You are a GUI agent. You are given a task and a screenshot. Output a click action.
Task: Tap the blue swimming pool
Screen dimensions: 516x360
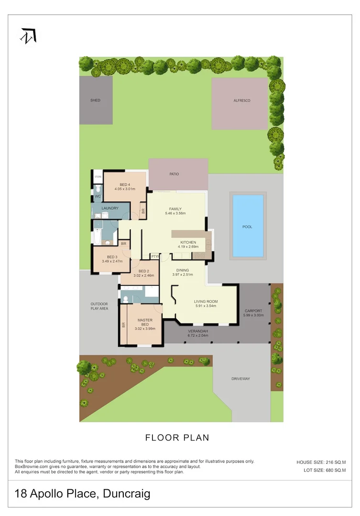(x=248, y=226)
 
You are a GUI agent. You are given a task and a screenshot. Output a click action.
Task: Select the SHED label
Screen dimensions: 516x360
(x=96, y=100)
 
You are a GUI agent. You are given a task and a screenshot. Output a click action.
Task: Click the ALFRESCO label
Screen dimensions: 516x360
(x=242, y=100)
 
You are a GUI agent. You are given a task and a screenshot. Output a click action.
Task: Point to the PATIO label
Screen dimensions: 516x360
(x=174, y=174)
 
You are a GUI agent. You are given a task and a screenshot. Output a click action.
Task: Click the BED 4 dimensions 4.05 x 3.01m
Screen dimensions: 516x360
(x=125, y=189)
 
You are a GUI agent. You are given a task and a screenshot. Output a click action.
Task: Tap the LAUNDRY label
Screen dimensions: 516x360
(x=110, y=208)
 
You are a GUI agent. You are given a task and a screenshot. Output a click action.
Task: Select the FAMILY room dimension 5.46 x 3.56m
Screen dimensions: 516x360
(x=175, y=214)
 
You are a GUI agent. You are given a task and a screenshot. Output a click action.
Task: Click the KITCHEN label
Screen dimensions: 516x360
(x=188, y=243)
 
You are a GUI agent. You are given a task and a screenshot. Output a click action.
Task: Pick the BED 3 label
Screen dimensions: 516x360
(x=112, y=257)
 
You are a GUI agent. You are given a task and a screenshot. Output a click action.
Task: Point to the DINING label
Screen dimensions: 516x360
(x=183, y=270)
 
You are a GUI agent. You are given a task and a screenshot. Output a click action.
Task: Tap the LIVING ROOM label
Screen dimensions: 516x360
(x=206, y=301)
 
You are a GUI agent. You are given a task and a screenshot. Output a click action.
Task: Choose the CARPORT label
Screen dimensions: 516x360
(x=253, y=311)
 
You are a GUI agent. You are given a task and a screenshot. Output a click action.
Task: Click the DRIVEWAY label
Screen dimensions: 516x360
(x=241, y=379)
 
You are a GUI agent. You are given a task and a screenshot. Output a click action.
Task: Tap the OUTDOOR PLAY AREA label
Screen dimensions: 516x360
(x=99, y=306)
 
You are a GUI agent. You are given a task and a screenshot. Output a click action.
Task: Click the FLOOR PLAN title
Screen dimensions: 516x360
(x=177, y=437)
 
